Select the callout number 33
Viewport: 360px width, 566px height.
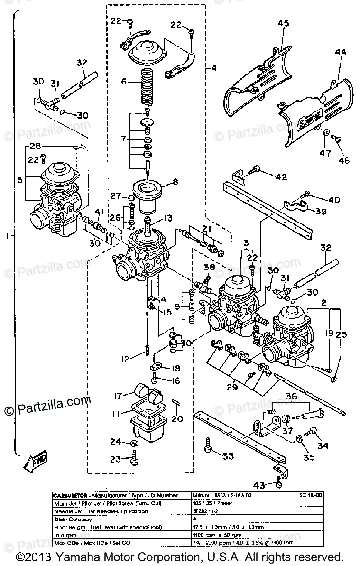tap(228, 456)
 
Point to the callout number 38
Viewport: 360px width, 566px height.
tap(209, 267)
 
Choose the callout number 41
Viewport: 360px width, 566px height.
tap(99, 212)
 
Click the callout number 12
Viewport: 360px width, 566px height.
tap(125, 360)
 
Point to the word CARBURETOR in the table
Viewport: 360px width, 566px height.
tap(71, 493)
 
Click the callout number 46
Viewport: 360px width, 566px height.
tap(344, 160)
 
